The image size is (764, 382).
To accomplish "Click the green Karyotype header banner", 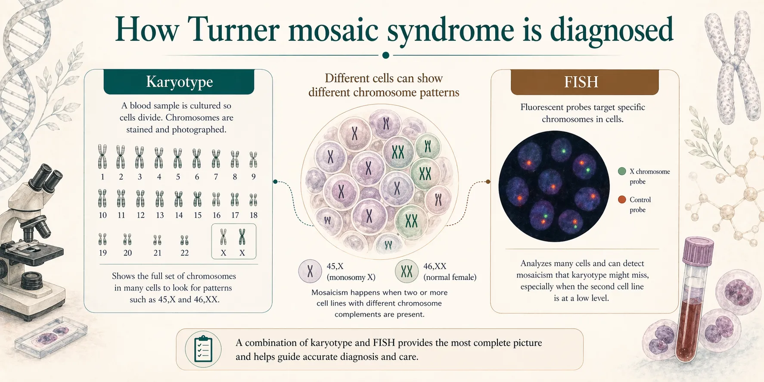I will [x=179, y=82].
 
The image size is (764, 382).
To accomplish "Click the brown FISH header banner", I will [x=584, y=82].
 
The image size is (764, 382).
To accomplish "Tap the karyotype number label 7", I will [x=216, y=177].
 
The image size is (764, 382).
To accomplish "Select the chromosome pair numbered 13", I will [x=160, y=199].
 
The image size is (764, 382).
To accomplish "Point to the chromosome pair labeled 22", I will [x=184, y=240].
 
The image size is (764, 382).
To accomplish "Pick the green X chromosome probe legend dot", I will [x=622, y=171].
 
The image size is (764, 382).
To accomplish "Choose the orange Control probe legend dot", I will [x=622, y=200].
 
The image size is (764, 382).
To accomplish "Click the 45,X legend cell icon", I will [x=310, y=271].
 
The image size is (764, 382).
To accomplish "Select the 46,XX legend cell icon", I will [x=407, y=271].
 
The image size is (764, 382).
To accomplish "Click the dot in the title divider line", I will [x=386, y=55].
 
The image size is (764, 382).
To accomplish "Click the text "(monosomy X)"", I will [x=351, y=277].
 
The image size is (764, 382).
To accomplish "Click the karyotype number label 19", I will [x=102, y=253].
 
